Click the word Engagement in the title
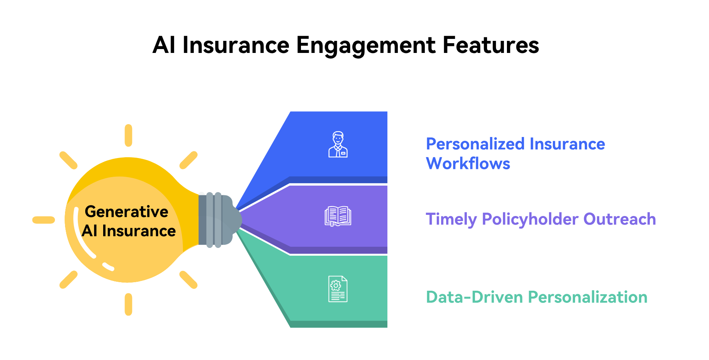[366, 46]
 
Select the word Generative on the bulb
[127, 212]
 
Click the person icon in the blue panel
[338, 144]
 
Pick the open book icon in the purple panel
[338, 216]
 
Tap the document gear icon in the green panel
[338, 289]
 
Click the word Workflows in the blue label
[468, 163]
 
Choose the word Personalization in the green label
[588, 297]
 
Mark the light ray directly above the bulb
[128, 135]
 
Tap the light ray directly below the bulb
[128, 304]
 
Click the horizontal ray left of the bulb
[44, 220]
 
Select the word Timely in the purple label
[451, 219]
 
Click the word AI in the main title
[164, 45]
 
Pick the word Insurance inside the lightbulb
[139, 231]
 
